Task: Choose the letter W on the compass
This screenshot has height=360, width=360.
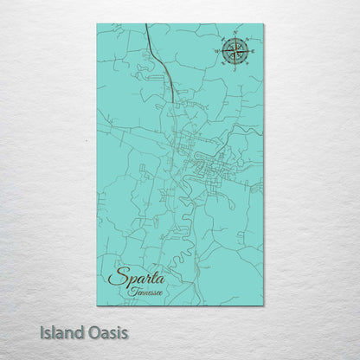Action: point(216,52)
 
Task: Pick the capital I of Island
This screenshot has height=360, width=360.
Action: point(41,332)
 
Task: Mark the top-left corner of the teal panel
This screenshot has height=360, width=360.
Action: point(98,24)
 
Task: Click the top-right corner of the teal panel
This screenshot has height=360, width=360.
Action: point(263,24)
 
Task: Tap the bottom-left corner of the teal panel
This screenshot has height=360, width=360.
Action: point(98,305)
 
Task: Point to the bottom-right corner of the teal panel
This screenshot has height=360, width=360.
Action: point(263,305)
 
